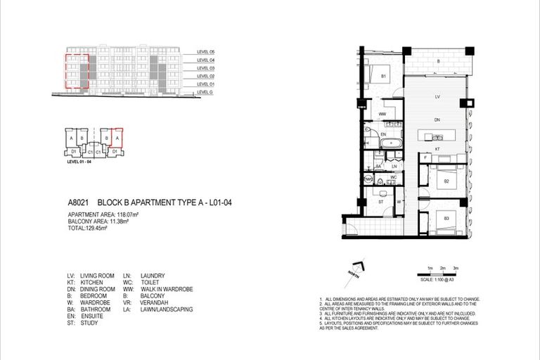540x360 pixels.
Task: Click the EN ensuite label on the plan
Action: coord(383,134)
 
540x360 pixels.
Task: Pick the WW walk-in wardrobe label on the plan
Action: coord(383,113)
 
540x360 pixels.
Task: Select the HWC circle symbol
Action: coord(368,179)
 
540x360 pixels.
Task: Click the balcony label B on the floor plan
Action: coord(439,62)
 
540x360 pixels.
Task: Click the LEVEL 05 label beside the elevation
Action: coord(206,53)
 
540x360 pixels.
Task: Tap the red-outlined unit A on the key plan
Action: coord(117,138)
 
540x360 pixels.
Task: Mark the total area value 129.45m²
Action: coord(96,228)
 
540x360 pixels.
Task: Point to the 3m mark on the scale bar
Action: coord(456,269)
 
